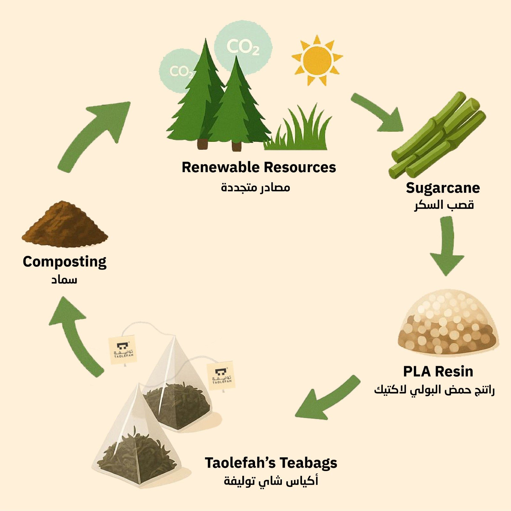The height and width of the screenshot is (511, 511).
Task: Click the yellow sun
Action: [x=317, y=60]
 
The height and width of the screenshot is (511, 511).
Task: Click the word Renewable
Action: [x=220, y=167]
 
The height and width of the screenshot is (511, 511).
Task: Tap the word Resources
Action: [x=300, y=167]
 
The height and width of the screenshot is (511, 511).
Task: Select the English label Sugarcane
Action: [x=443, y=188]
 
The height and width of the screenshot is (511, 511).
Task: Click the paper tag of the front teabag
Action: [x=122, y=350]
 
